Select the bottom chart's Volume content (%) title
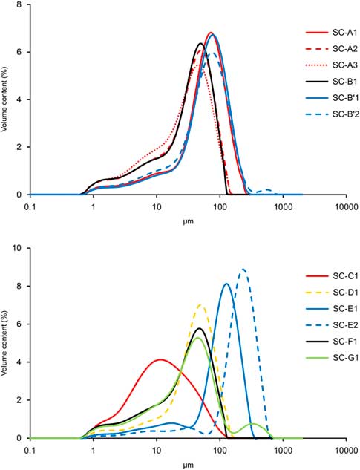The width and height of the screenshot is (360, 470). coord(6,343)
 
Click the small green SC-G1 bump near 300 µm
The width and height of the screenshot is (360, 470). coord(254,424)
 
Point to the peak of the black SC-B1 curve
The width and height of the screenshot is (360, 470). coord(200,44)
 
